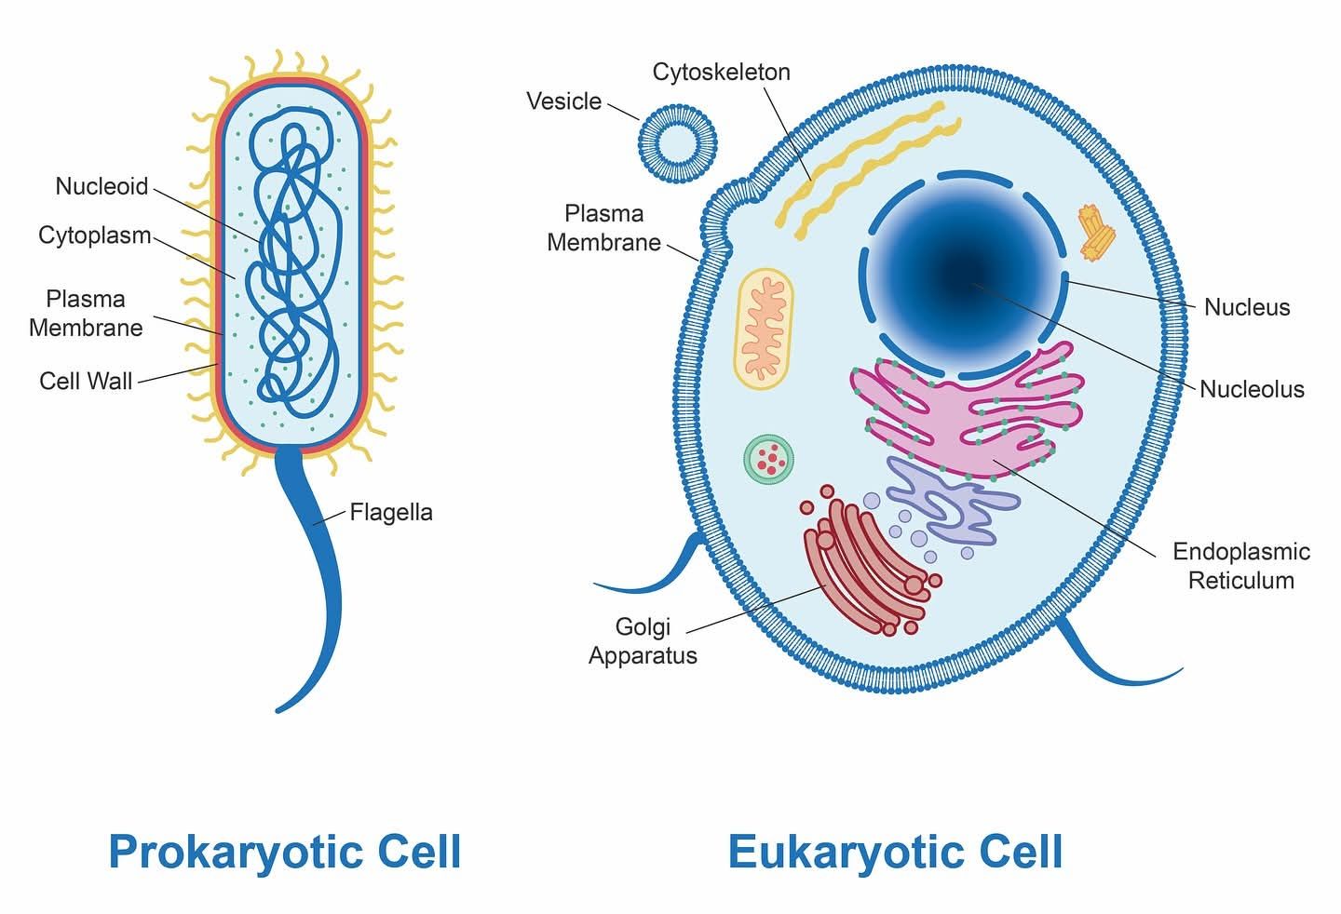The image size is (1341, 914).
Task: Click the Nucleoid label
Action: (x=102, y=186)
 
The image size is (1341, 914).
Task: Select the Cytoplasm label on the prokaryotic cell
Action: (x=95, y=235)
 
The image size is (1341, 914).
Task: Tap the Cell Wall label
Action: (x=86, y=381)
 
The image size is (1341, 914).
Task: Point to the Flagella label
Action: (x=391, y=513)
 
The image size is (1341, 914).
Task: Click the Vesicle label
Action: (x=564, y=101)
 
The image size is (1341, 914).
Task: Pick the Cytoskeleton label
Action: (x=722, y=72)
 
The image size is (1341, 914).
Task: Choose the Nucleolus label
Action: (x=1252, y=389)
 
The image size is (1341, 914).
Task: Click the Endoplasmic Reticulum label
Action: (x=1241, y=566)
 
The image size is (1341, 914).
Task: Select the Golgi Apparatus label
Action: (x=643, y=641)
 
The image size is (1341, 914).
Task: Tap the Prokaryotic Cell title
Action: (x=285, y=853)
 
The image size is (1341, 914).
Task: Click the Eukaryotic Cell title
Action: (x=896, y=852)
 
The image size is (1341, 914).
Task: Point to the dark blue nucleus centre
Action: (x=964, y=276)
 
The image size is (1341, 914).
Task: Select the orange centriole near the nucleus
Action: (x=1096, y=234)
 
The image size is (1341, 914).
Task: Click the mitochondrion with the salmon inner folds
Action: (x=764, y=329)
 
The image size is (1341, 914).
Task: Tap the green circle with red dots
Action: (x=768, y=460)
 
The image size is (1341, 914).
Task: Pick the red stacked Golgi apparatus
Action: (x=866, y=562)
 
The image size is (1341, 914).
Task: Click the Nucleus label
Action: (x=1247, y=307)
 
